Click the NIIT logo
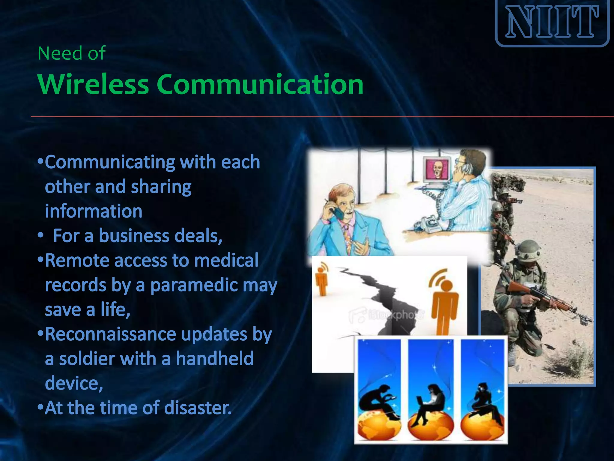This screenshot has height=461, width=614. click(552, 23)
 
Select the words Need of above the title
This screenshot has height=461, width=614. click(71, 53)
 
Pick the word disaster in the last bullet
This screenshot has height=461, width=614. click(198, 408)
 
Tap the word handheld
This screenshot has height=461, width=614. click(215, 359)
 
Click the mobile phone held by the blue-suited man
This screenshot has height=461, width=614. click(337, 211)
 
